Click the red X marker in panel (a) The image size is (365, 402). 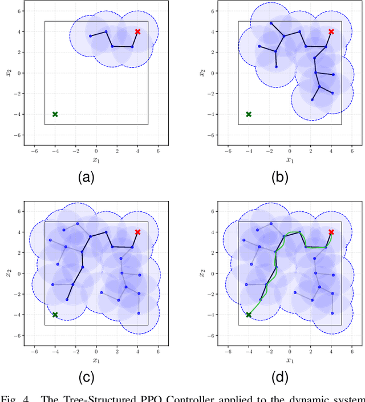click(x=137, y=31)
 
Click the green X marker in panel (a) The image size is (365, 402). click(x=55, y=114)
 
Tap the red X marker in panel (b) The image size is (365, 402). click(x=331, y=31)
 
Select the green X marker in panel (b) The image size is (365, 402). click(x=248, y=114)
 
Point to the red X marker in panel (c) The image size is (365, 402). click(x=137, y=232)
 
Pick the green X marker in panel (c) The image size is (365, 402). click(x=55, y=315)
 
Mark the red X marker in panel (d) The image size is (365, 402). click(x=331, y=232)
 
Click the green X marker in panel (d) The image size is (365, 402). click(x=248, y=315)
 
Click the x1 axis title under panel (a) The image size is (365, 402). click(x=96, y=160)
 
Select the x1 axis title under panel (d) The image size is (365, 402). click(x=290, y=361)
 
